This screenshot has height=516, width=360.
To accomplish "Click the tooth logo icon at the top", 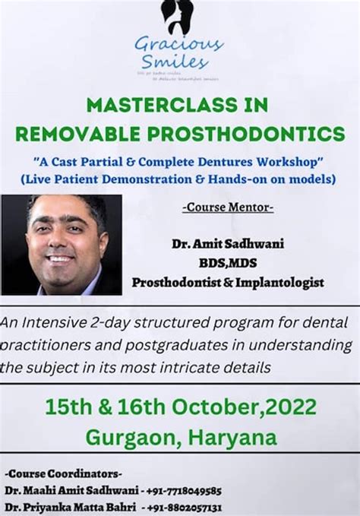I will (x=177, y=16).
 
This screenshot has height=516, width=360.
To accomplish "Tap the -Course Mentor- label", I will (x=228, y=207).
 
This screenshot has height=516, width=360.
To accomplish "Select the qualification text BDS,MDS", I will (x=228, y=263).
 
